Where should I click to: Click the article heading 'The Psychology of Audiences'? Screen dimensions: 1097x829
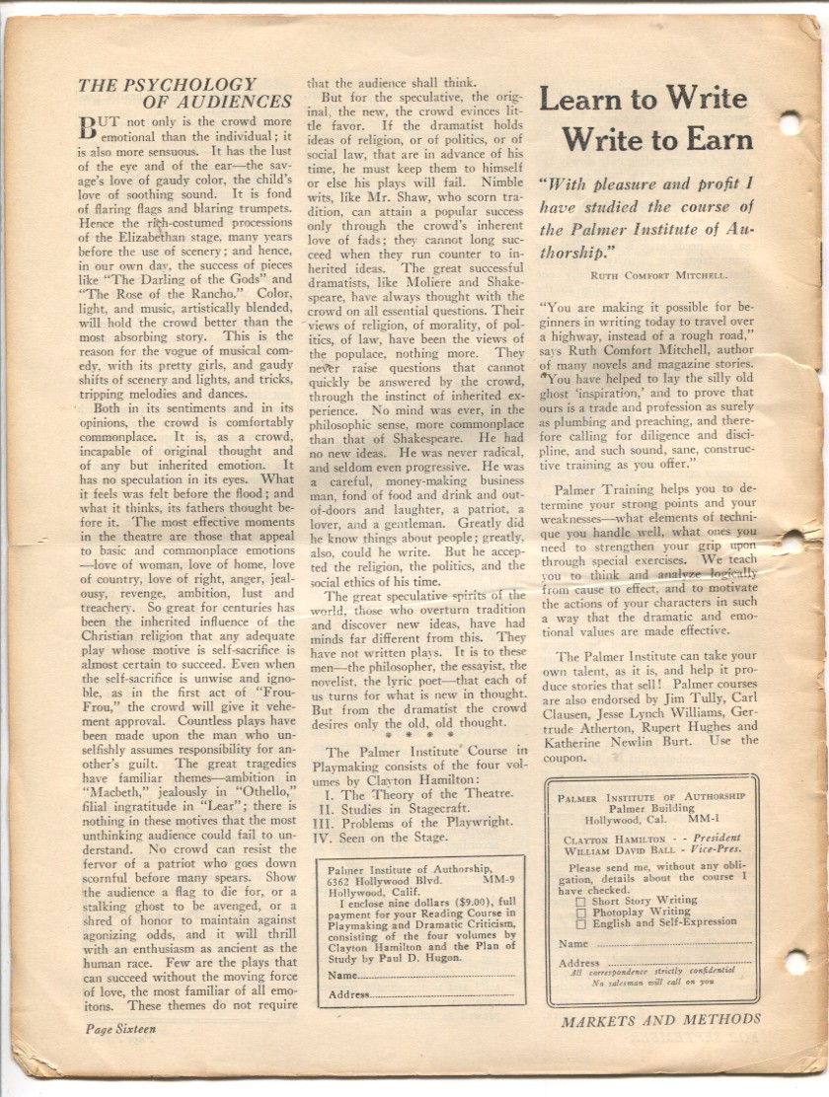pos(185,93)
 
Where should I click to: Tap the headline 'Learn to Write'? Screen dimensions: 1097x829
pos(642,99)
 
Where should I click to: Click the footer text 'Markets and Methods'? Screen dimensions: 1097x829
pos(661,1020)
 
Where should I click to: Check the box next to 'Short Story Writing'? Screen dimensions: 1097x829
pos(580,901)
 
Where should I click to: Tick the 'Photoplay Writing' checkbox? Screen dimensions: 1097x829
pos(580,912)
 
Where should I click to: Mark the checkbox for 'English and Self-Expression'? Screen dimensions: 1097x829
pos(580,922)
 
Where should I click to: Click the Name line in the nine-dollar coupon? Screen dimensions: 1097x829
pos(434,975)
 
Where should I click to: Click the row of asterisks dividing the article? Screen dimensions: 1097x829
pos(419,735)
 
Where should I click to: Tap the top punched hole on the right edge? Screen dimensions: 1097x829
pos(790,122)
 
